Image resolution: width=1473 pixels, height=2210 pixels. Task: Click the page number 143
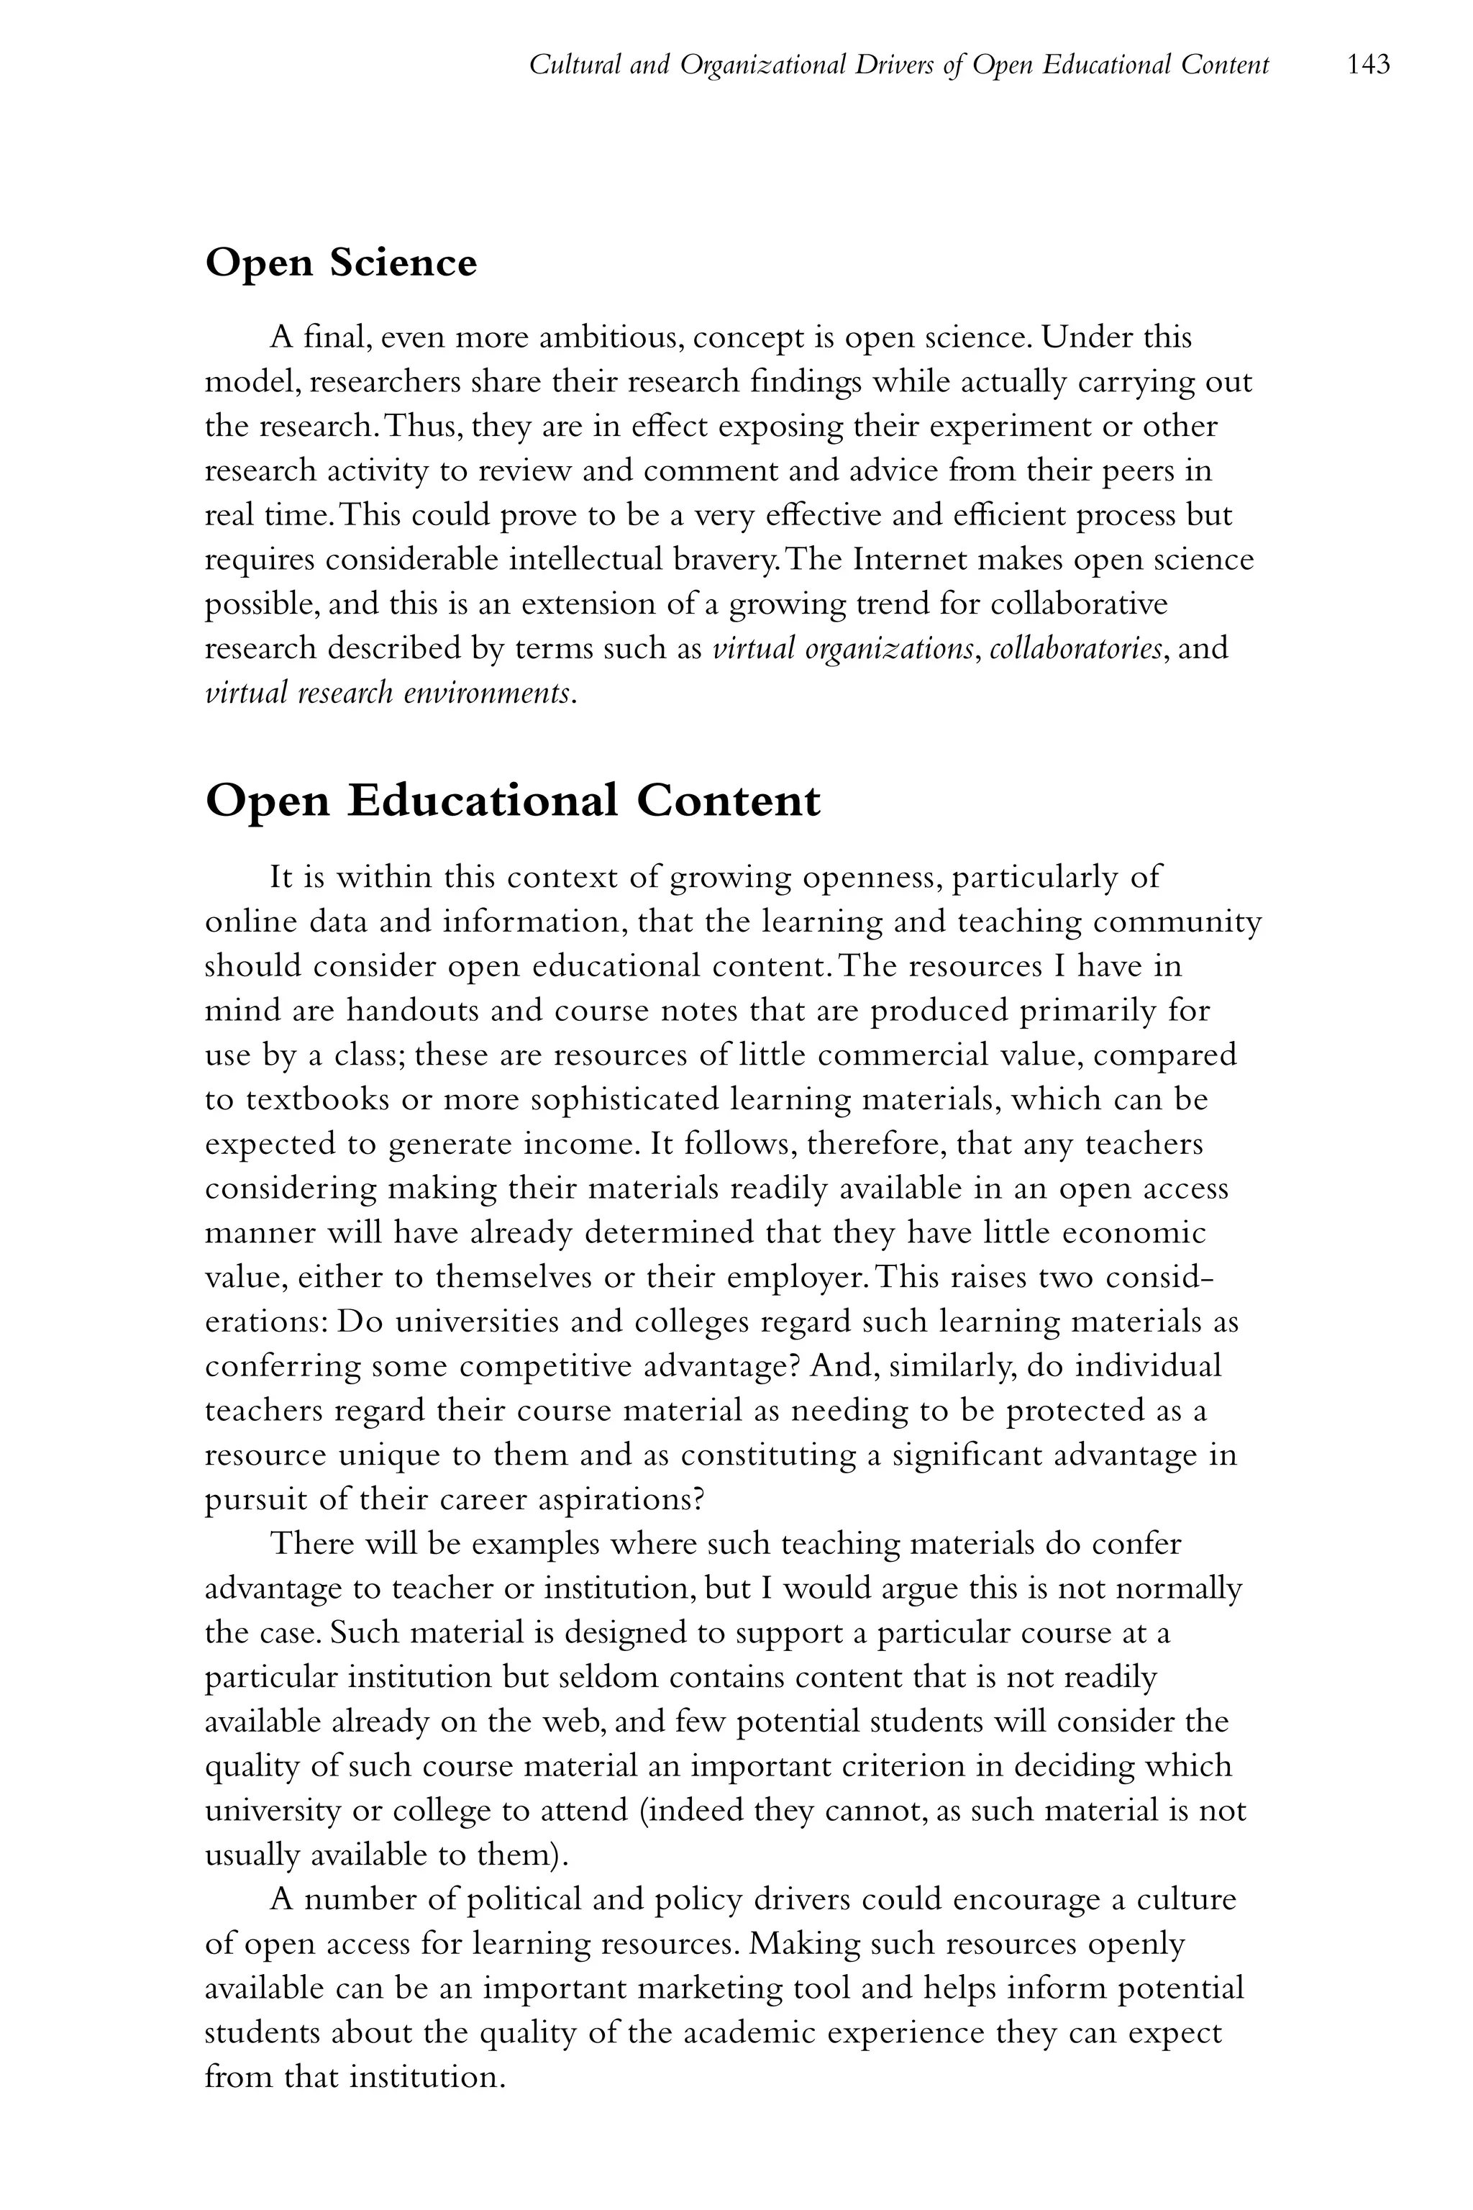click(x=1368, y=65)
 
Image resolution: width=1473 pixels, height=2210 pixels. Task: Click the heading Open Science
click(x=340, y=262)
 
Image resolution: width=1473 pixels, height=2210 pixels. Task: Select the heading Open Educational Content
click(x=512, y=801)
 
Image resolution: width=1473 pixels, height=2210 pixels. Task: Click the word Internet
click(x=911, y=560)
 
